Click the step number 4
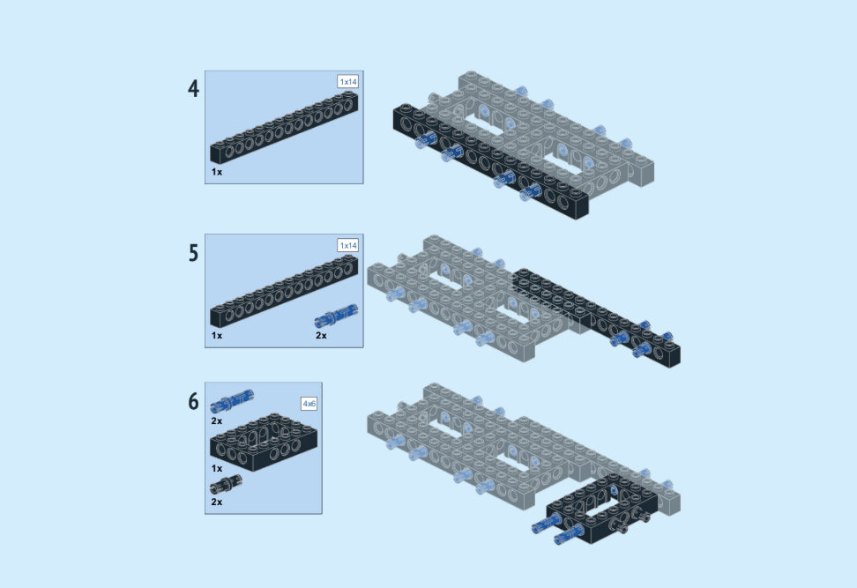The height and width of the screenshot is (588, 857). click(x=193, y=88)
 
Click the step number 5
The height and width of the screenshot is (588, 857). click(x=193, y=253)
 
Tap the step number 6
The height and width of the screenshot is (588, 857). click(x=193, y=401)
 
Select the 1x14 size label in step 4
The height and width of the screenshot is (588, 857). click(x=348, y=82)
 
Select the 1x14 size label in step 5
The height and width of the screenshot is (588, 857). click(x=348, y=245)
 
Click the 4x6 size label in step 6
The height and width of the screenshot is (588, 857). click(x=309, y=404)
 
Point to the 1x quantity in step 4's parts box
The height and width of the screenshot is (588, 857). click(x=217, y=172)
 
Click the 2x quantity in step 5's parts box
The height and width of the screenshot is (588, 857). click(x=321, y=336)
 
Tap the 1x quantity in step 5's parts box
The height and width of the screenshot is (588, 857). click(x=217, y=336)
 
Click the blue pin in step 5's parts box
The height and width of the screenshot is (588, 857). click(x=337, y=316)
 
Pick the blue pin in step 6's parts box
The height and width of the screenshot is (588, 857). click(x=232, y=401)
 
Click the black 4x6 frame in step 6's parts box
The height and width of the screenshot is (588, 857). click(x=264, y=443)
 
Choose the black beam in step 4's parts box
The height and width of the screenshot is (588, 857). click(x=284, y=128)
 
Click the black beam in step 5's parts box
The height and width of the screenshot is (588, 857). click(x=284, y=291)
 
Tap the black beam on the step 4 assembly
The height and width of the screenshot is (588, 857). click(x=490, y=161)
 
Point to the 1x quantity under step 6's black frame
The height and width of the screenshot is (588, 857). click(x=217, y=468)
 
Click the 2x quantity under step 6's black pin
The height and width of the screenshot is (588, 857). click(x=217, y=502)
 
